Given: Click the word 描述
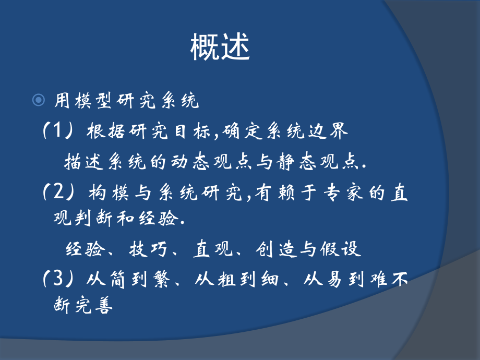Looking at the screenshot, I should click(78, 163).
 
